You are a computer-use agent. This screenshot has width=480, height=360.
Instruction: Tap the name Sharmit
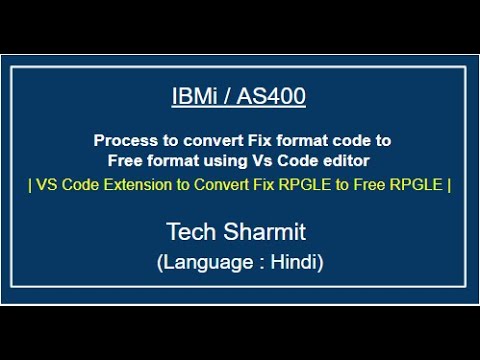coord(268,234)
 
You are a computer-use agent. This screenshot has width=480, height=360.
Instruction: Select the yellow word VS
coord(46,184)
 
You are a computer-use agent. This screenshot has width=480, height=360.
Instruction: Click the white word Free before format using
coord(126,159)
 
